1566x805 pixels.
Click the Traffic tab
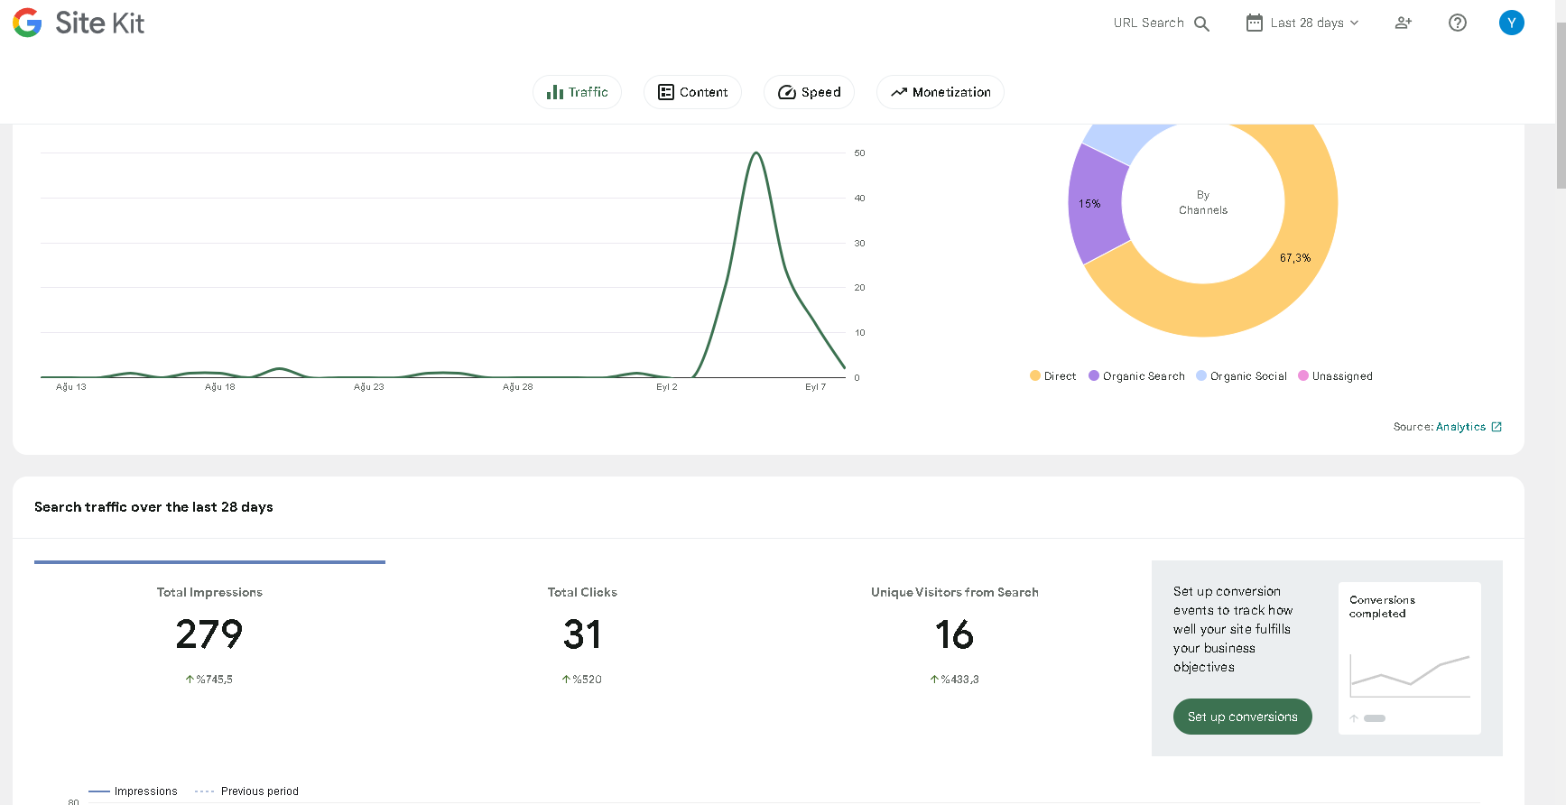coord(577,92)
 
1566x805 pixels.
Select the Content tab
coord(692,92)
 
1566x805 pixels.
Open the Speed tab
coord(809,92)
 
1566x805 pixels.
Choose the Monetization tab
coord(940,92)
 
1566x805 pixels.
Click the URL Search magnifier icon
coord(1201,23)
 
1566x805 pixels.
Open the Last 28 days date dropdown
coord(1302,23)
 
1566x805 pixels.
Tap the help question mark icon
coord(1458,23)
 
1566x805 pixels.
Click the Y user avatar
coord(1512,23)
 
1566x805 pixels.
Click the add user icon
coord(1404,23)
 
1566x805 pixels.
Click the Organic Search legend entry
coord(1136,376)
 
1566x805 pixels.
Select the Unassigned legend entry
coord(1335,376)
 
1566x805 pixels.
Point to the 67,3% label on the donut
coord(1295,258)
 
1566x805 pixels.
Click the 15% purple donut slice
coord(1095,205)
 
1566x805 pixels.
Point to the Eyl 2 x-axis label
coord(667,387)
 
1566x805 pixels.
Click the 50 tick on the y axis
coord(859,153)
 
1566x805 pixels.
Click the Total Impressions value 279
coord(209,634)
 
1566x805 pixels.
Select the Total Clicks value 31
coord(582,634)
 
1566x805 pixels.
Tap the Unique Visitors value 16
coord(954,634)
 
